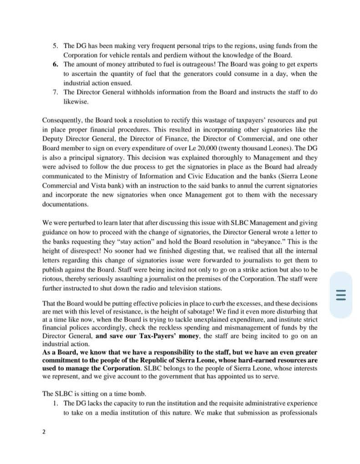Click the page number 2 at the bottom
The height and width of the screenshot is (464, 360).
(44, 432)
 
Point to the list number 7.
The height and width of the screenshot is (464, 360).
(55, 92)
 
